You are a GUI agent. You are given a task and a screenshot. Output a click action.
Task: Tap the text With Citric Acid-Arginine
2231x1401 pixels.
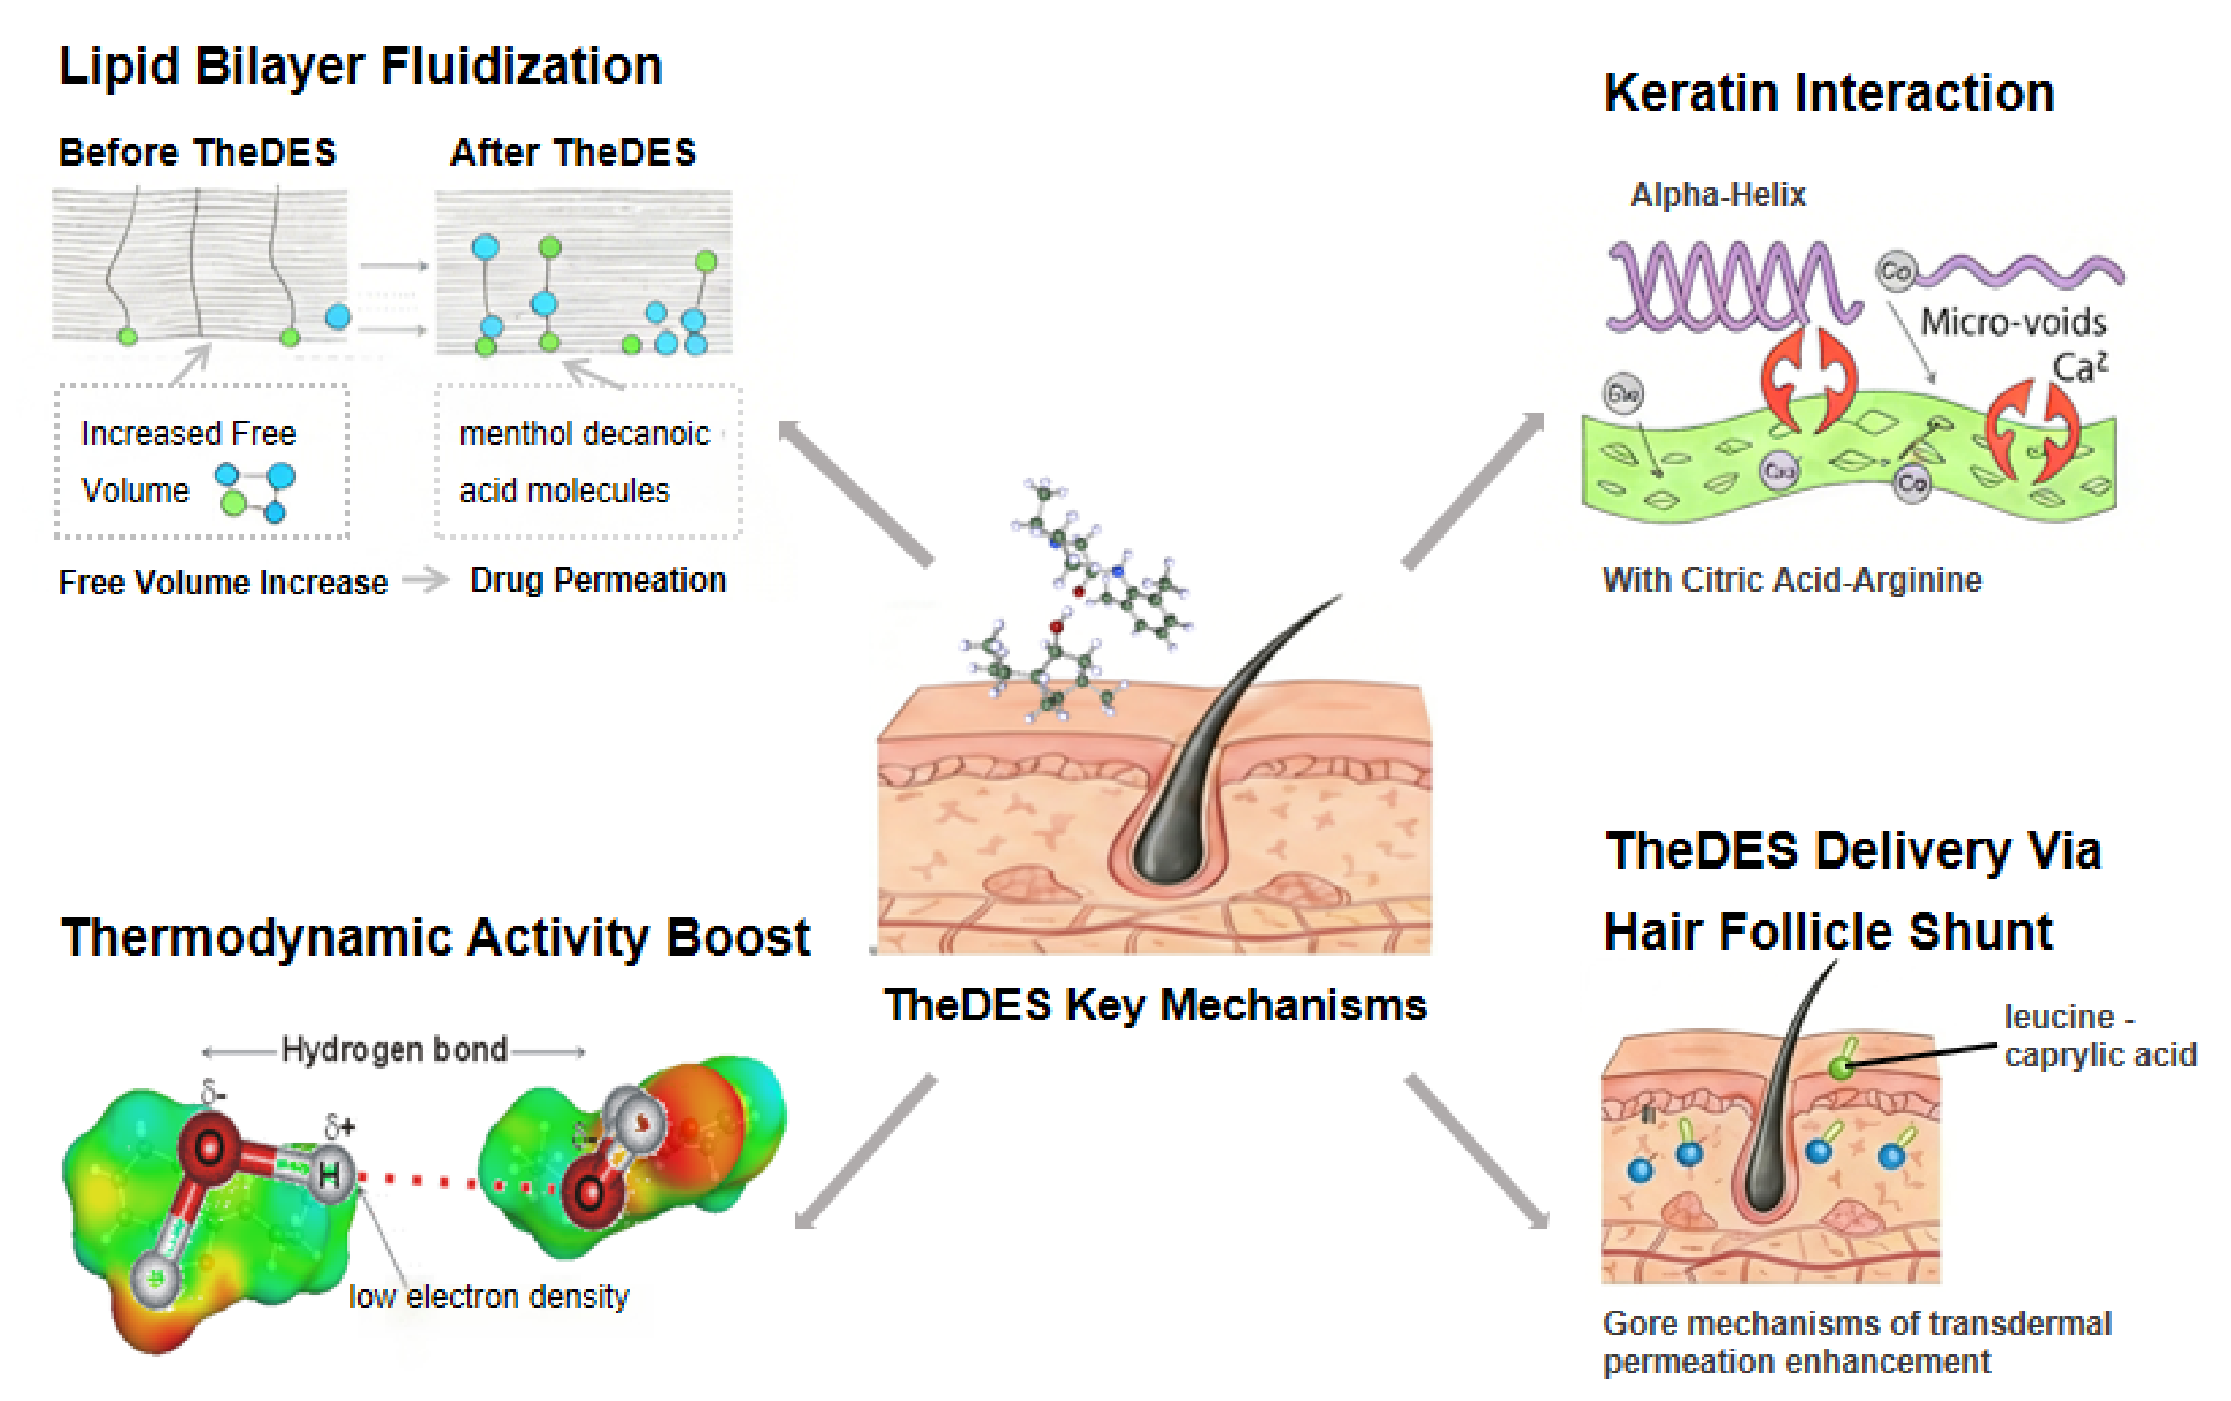point(1792,580)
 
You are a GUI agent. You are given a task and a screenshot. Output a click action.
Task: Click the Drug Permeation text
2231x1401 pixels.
point(598,580)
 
